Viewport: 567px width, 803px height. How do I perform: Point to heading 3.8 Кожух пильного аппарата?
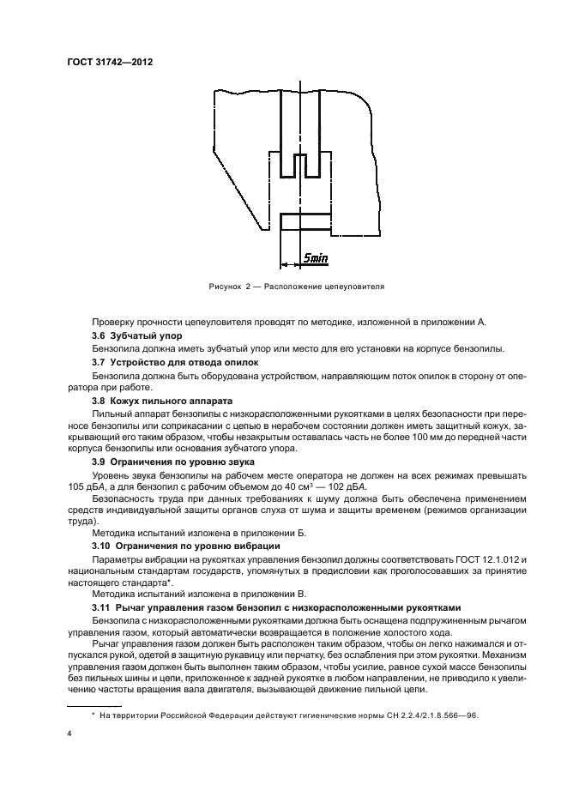[x=157, y=400]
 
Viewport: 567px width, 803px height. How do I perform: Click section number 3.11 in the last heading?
[x=101, y=606]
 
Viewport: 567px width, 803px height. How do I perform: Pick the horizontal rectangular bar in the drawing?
[x=299, y=221]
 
